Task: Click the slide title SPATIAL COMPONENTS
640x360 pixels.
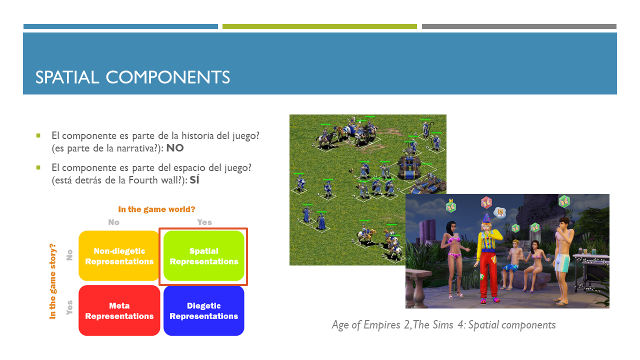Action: (x=132, y=77)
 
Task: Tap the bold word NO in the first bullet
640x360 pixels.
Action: (x=175, y=148)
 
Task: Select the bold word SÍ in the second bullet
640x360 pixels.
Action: (x=194, y=179)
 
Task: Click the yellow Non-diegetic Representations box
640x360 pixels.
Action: (x=119, y=256)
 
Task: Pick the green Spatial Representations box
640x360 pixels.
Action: (x=204, y=256)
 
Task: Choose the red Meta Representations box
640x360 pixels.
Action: (x=119, y=310)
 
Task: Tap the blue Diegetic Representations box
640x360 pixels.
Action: (x=203, y=310)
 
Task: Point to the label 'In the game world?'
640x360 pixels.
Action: (x=156, y=209)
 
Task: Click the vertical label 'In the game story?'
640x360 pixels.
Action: (x=52, y=281)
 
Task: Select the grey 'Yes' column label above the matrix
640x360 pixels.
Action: (x=204, y=222)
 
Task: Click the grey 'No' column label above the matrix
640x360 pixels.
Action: (x=113, y=222)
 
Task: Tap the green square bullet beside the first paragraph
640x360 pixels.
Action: (x=38, y=135)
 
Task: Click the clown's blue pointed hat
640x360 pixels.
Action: (x=486, y=218)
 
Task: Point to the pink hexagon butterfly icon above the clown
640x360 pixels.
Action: (x=486, y=202)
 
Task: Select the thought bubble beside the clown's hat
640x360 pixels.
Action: (x=500, y=213)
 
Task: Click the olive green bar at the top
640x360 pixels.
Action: (x=319, y=26)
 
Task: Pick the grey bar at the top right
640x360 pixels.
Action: (x=519, y=26)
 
